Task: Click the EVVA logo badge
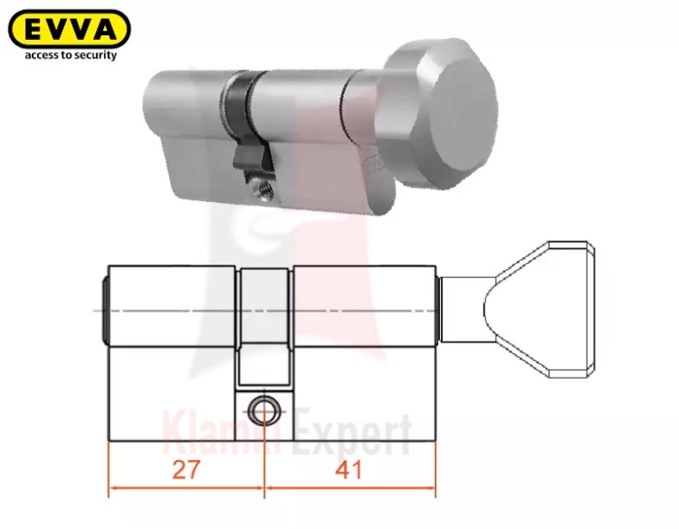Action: tap(70, 29)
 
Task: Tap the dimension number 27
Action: tap(186, 469)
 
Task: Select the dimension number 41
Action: tap(349, 469)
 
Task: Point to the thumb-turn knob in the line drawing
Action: tap(540, 310)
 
